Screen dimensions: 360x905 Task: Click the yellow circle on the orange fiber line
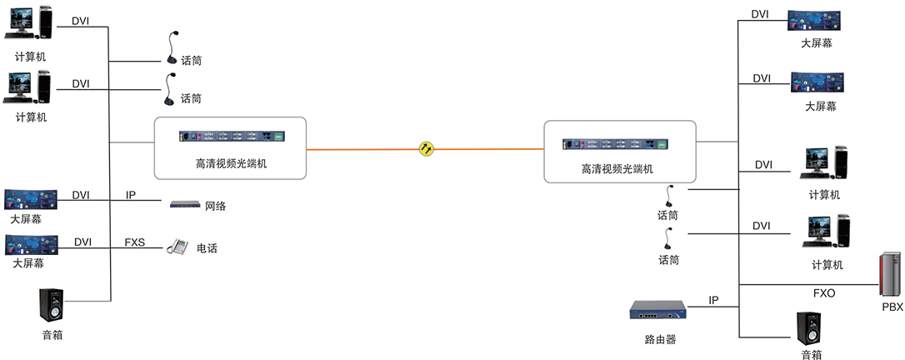[x=427, y=149]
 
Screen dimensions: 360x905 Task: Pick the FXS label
[x=135, y=242]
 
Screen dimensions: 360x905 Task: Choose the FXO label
[x=823, y=293]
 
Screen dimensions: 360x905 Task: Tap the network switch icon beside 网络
[x=186, y=204]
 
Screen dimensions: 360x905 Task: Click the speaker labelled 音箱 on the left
[x=51, y=305]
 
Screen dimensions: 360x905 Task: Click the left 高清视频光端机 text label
[x=231, y=164]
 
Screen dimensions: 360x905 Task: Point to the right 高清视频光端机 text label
[x=617, y=168]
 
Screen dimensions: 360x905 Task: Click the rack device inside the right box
[x=617, y=143]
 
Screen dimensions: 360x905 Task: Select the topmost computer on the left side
[x=28, y=23]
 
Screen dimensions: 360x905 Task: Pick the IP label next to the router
[x=713, y=299]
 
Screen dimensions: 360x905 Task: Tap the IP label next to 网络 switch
[x=131, y=196]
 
